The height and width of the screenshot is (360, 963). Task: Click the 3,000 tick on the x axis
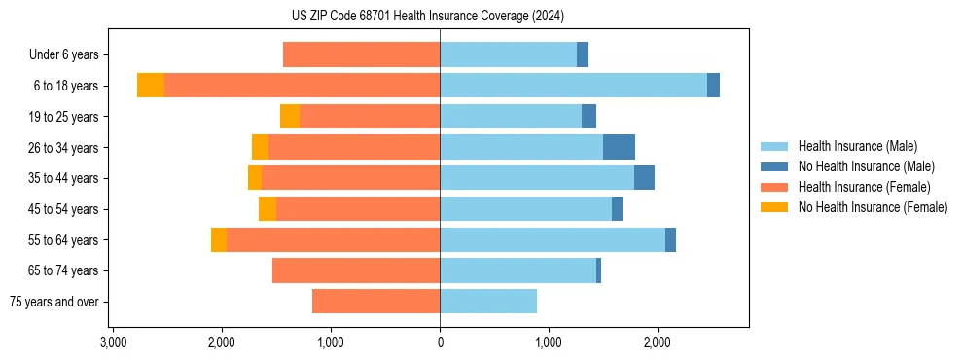pyautogui.click(x=114, y=342)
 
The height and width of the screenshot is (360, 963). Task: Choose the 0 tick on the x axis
pyautogui.click(x=440, y=342)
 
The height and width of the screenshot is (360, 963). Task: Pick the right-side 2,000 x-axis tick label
pyautogui.click(x=658, y=342)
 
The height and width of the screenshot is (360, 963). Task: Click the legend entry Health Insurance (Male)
pyautogui.click(x=857, y=146)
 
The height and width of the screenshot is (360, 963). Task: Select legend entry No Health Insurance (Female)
pyautogui.click(x=873, y=207)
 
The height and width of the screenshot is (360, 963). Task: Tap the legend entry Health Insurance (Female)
pyautogui.click(x=864, y=187)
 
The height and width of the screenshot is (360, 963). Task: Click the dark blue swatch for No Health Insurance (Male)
pyautogui.click(x=774, y=166)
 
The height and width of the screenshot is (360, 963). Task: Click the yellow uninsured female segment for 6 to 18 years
pyautogui.click(x=151, y=86)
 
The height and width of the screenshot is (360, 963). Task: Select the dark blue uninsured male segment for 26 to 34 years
pyautogui.click(x=619, y=147)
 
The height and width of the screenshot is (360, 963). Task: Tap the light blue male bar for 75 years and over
pyautogui.click(x=488, y=302)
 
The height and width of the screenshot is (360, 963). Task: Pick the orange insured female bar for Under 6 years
pyautogui.click(x=361, y=55)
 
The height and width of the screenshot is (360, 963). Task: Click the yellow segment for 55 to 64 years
pyautogui.click(x=219, y=240)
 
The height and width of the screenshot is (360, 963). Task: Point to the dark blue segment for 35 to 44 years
pyautogui.click(x=644, y=178)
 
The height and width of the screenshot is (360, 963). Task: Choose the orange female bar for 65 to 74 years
pyautogui.click(x=356, y=270)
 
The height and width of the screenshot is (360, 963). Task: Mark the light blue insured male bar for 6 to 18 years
pyautogui.click(x=573, y=86)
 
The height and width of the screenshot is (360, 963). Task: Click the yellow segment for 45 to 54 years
pyautogui.click(x=267, y=209)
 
